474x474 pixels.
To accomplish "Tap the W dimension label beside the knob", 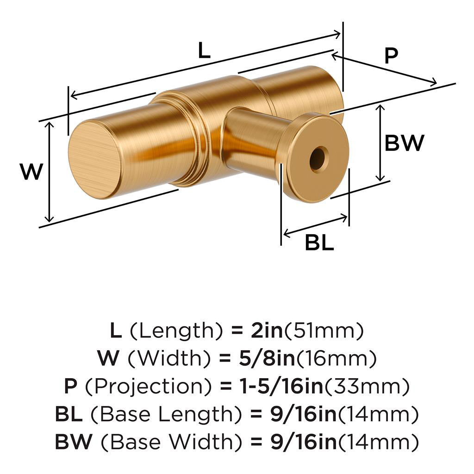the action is pos(32,171).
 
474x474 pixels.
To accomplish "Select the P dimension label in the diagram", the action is pos(391,56).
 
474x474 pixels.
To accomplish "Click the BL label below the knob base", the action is pos(319,243).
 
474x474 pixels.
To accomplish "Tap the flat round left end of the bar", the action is pos(94,159).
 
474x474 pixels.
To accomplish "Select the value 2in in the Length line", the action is pos(267,331).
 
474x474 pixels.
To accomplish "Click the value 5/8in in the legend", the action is pos(267,358).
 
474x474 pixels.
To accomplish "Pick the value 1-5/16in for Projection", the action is pos(281,386).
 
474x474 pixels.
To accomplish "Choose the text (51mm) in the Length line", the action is pos(324,331).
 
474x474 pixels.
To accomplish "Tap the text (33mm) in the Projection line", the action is pos(367,387).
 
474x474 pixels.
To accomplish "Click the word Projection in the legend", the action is pos(148,387).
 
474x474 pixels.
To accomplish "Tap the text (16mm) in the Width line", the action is pos(337,359).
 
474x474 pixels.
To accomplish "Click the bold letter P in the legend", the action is pos(71,386).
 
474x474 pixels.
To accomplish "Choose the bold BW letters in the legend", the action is pos(74,442).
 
